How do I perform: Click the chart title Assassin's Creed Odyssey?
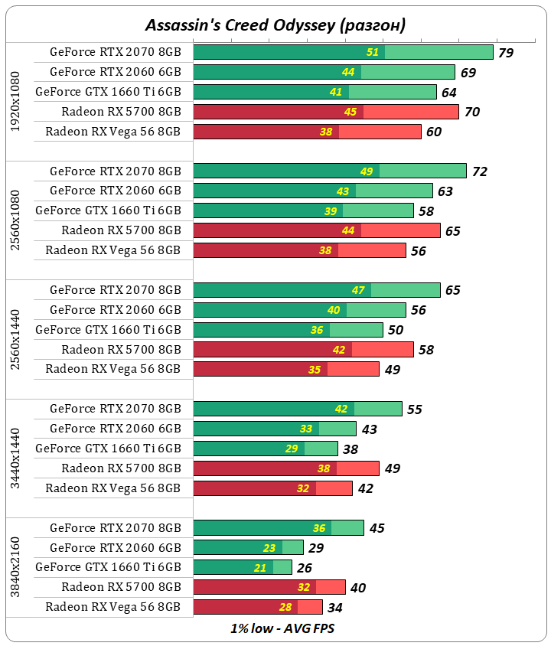click(x=275, y=24)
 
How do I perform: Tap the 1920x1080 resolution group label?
click(x=16, y=101)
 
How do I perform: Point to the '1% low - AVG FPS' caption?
click(x=275, y=628)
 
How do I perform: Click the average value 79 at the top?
click(x=505, y=53)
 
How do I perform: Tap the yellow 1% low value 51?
click(x=373, y=53)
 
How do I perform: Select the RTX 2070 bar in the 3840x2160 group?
click(x=279, y=528)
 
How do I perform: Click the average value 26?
click(x=304, y=568)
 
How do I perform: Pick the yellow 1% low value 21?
click(x=282, y=568)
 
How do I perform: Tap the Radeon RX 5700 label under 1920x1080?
click(x=121, y=112)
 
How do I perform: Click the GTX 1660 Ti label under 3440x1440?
click(x=108, y=449)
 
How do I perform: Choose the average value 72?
click(x=480, y=171)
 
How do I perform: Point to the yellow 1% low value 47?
click(x=359, y=291)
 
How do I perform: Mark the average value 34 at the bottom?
click(x=334, y=608)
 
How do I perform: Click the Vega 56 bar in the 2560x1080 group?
click(x=299, y=250)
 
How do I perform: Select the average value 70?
click(x=472, y=113)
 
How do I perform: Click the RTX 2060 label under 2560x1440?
click(x=115, y=310)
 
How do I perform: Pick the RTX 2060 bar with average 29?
click(x=248, y=548)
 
